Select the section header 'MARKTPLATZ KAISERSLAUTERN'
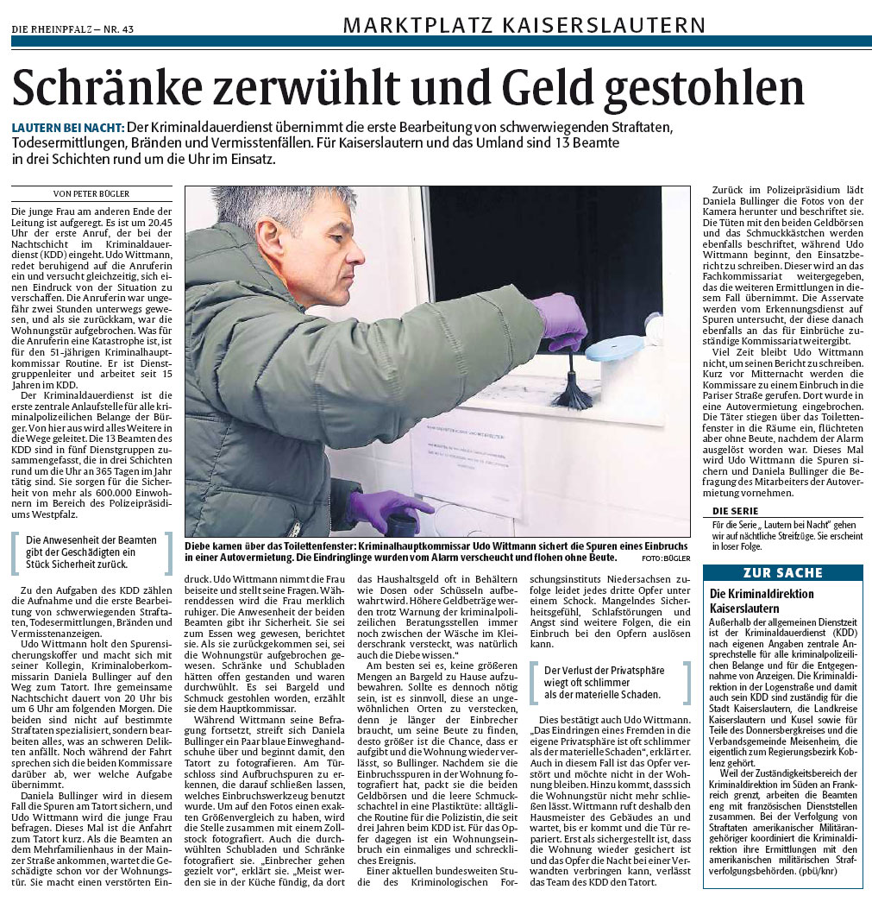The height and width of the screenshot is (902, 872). point(512,25)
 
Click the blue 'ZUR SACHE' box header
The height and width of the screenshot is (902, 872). point(783,573)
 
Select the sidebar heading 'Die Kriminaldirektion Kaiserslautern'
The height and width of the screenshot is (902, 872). point(762,601)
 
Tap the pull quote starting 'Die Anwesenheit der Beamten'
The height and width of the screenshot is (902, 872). point(93,552)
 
